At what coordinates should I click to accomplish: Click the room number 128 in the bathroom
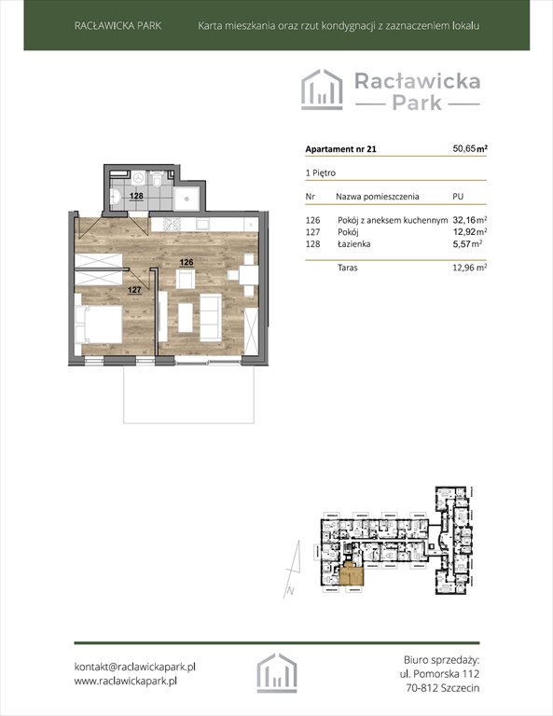point(135,197)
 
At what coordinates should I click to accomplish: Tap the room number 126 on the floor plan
point(187,263)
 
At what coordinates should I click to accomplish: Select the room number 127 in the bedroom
point(134,291)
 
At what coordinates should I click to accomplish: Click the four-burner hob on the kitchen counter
point(172,225)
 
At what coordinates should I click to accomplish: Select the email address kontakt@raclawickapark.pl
point(134,667)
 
